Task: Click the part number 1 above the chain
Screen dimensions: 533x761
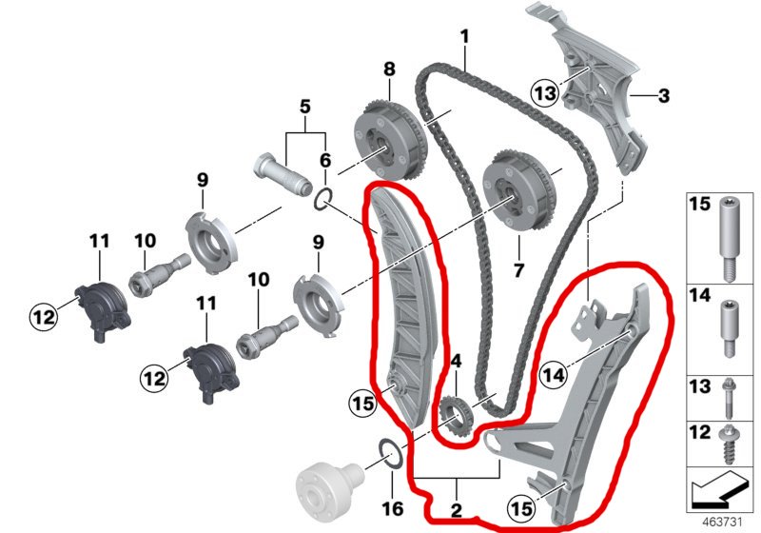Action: click(x=465, y=38)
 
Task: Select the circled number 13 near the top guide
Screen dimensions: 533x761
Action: click(x=543, y=91)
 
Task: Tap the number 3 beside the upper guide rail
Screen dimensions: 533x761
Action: click(x=663, y=95)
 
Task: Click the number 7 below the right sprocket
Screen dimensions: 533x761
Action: click(x=518, y=269)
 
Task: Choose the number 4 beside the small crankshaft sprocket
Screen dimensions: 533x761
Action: click(x=455, y=362)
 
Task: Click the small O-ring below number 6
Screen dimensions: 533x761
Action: click(x=324, y=199)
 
